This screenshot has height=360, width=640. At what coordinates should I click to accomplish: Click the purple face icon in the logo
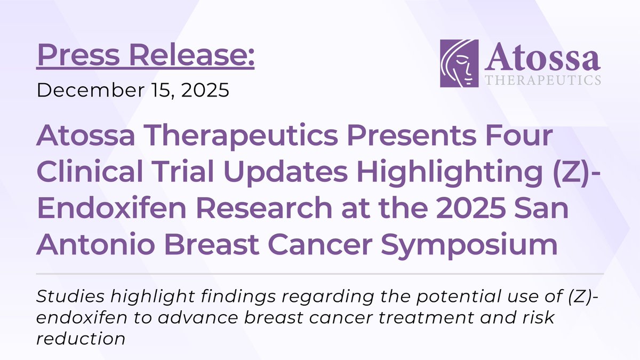pos(459,63)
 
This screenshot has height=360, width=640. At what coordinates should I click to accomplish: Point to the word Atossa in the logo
pos(542,59)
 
